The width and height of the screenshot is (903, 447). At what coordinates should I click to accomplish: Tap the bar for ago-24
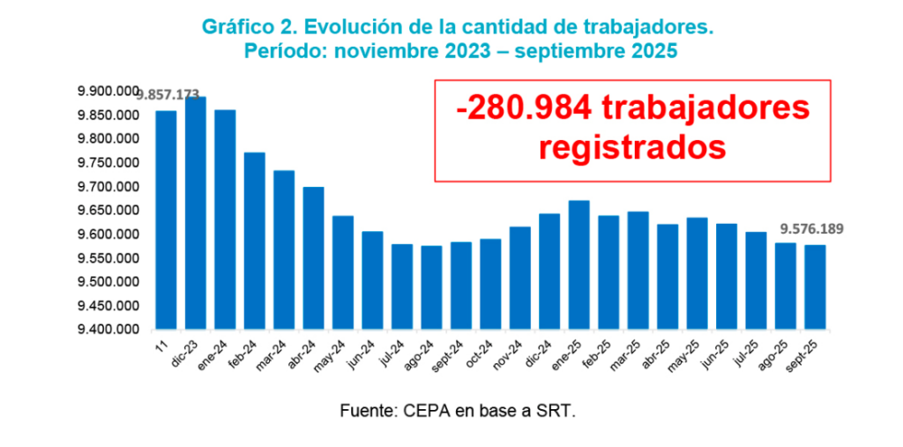tap(431, 287)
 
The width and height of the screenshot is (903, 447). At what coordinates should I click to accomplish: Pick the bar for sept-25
tap(815, 287)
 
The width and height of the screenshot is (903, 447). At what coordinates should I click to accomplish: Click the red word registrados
tap(632, 146)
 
